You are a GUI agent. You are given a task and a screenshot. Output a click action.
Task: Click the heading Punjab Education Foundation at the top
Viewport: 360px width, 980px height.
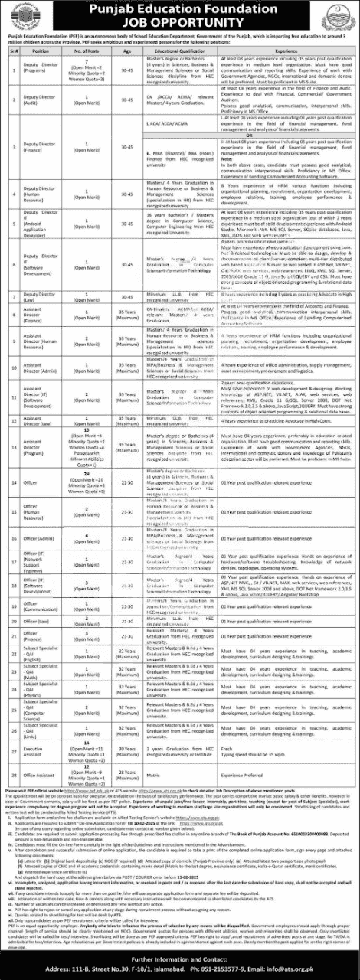point(180,9)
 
